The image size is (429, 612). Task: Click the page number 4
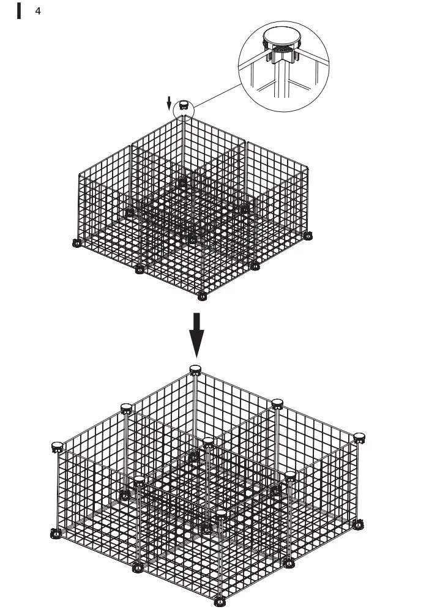pyautogui.click(x=38, y=11)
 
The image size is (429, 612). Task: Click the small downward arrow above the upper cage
pyautogui.click(x=169, y=103)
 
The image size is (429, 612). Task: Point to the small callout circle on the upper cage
pyautogui.click(x=182, y=109)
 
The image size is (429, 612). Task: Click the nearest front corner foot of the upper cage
pyautogui.click(x=203, y=297)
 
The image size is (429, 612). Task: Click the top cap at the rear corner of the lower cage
pyautogui.click(x=195, y=368)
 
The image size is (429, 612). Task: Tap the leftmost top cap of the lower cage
pyautogui.click(x=58, y=446)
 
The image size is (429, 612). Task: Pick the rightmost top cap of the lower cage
pyautogui.click(x=359, y=437)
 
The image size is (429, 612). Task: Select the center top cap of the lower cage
pyautogui.click(x=208, y=441)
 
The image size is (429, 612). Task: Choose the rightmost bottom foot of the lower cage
pyautogui.click(x=359, y=524)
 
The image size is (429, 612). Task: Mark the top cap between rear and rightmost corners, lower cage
pyautogui.click(x=277, y=403)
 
